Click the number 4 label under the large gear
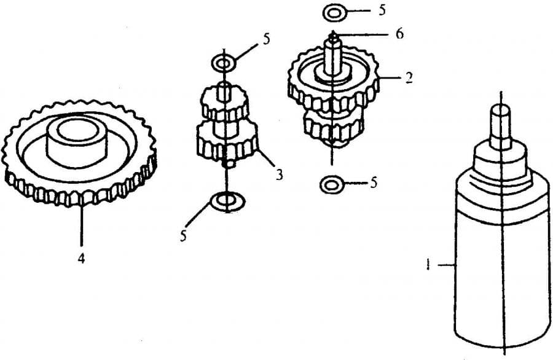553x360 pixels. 82,259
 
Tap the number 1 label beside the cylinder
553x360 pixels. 428,264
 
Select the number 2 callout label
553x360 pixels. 409,77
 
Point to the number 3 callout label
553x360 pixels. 279,174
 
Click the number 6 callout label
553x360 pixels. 399,34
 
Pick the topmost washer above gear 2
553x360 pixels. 333,13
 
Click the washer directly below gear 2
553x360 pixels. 331,184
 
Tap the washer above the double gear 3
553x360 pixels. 224,63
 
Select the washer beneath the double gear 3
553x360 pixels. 227,202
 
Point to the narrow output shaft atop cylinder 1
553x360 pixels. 501,125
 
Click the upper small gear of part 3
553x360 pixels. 225,103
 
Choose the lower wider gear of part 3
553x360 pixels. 227,142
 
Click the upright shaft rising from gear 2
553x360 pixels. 332,57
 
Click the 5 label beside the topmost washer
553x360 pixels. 382,10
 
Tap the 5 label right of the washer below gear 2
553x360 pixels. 374,182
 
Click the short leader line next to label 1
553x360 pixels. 447,264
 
